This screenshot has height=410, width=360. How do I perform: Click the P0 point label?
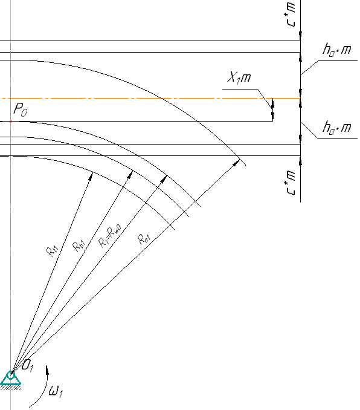(x=20, y=109)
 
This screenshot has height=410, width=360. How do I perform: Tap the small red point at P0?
(x=11, y=122)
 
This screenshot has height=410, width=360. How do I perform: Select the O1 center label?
(x=27, y=365)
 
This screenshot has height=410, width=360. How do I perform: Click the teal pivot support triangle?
(x=10, y=378)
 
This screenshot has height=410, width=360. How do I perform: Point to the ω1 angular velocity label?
(x=56, y=391)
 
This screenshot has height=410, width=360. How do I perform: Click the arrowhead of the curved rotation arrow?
(x=47, y=369)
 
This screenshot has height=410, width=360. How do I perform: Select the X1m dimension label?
(x=239, y=77)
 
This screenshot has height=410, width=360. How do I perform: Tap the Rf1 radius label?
(x=53, y=251)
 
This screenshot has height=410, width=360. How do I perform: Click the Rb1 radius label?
(x=79, y=246)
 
